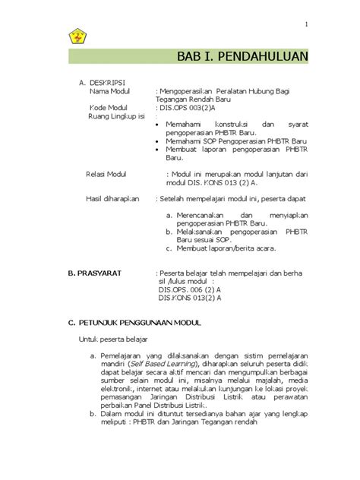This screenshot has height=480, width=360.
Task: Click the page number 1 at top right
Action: coord(306,24)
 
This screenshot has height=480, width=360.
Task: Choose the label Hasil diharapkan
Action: coord(114,198)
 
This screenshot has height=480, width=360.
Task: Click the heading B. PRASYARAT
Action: coord(95,271)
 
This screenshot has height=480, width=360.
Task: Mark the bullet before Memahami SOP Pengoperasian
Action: coord(157,141)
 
